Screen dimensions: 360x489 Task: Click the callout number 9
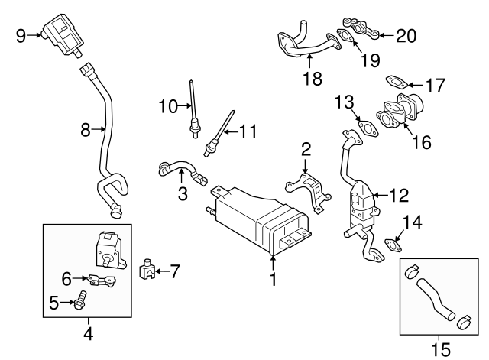click(20, 34)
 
